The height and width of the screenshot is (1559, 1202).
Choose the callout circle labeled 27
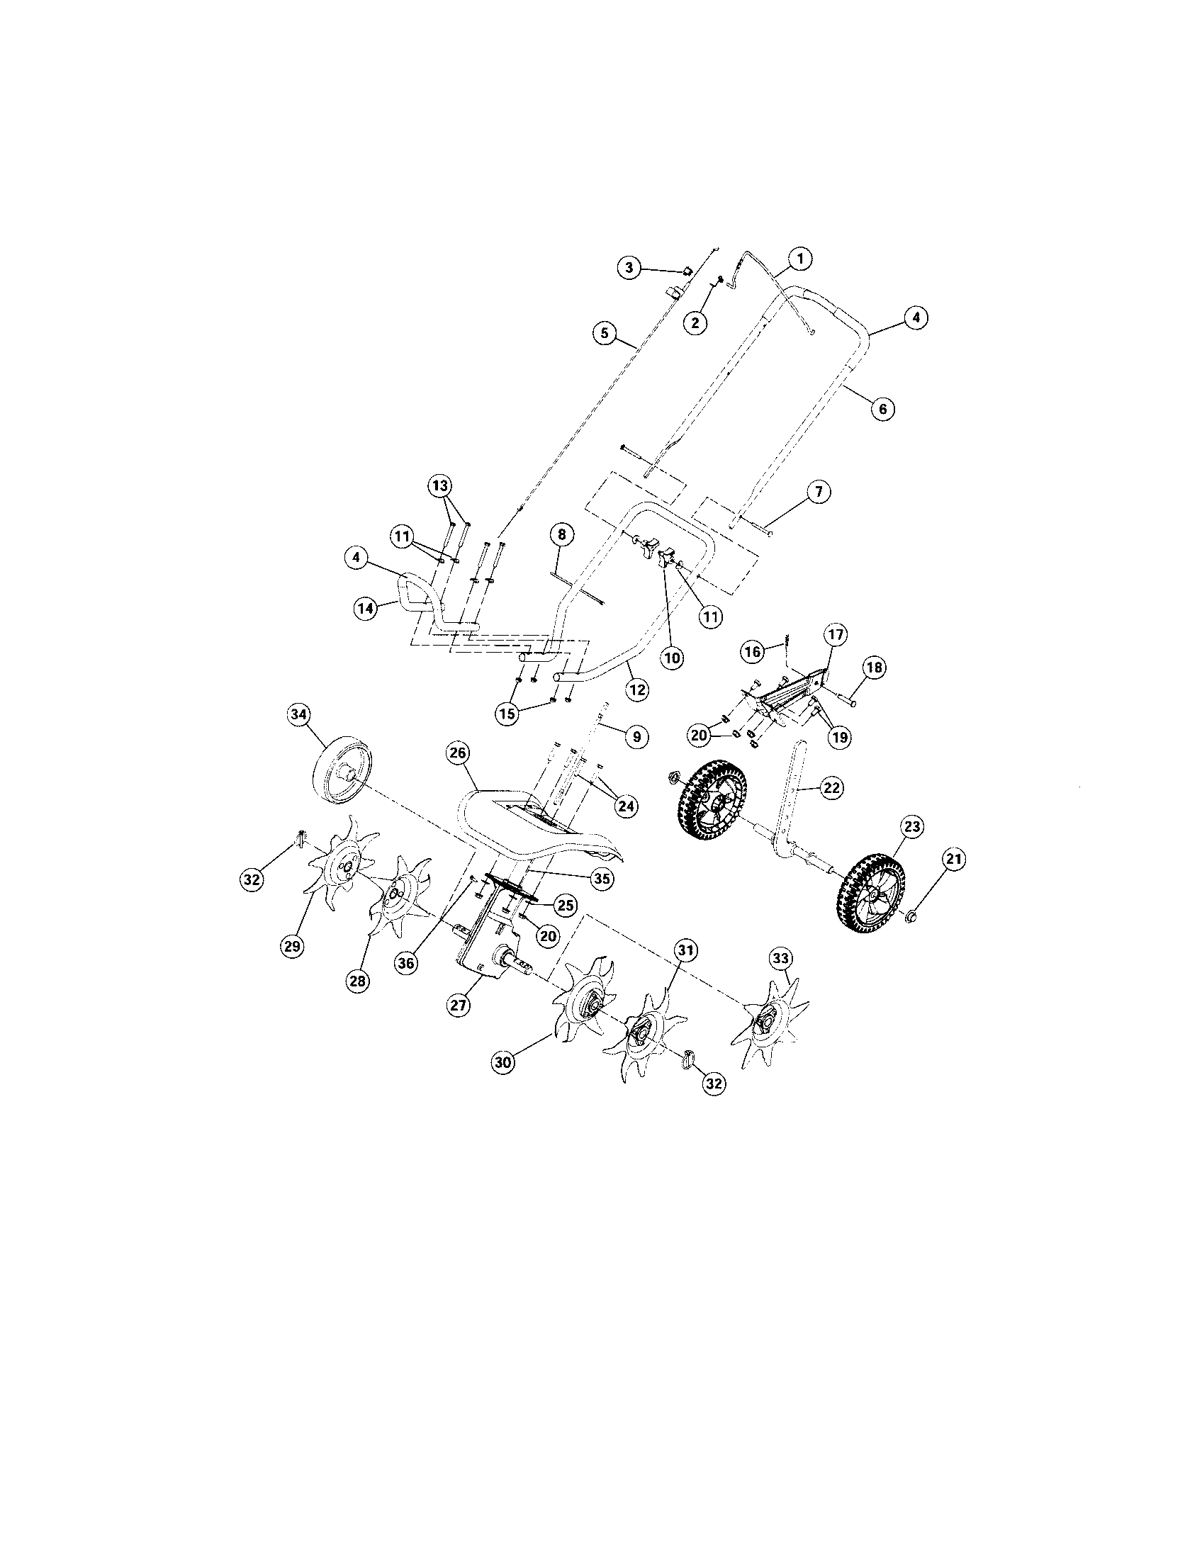(x=459, y=1005)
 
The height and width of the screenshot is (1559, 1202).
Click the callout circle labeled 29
(x=293, y=945)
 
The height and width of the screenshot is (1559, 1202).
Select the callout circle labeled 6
(x=882, y=408)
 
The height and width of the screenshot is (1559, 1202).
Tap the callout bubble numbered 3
(x=629, y=268)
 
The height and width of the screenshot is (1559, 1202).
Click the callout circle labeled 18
(x=875, y=668)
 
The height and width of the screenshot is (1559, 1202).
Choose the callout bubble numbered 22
(x=832, y=789)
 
